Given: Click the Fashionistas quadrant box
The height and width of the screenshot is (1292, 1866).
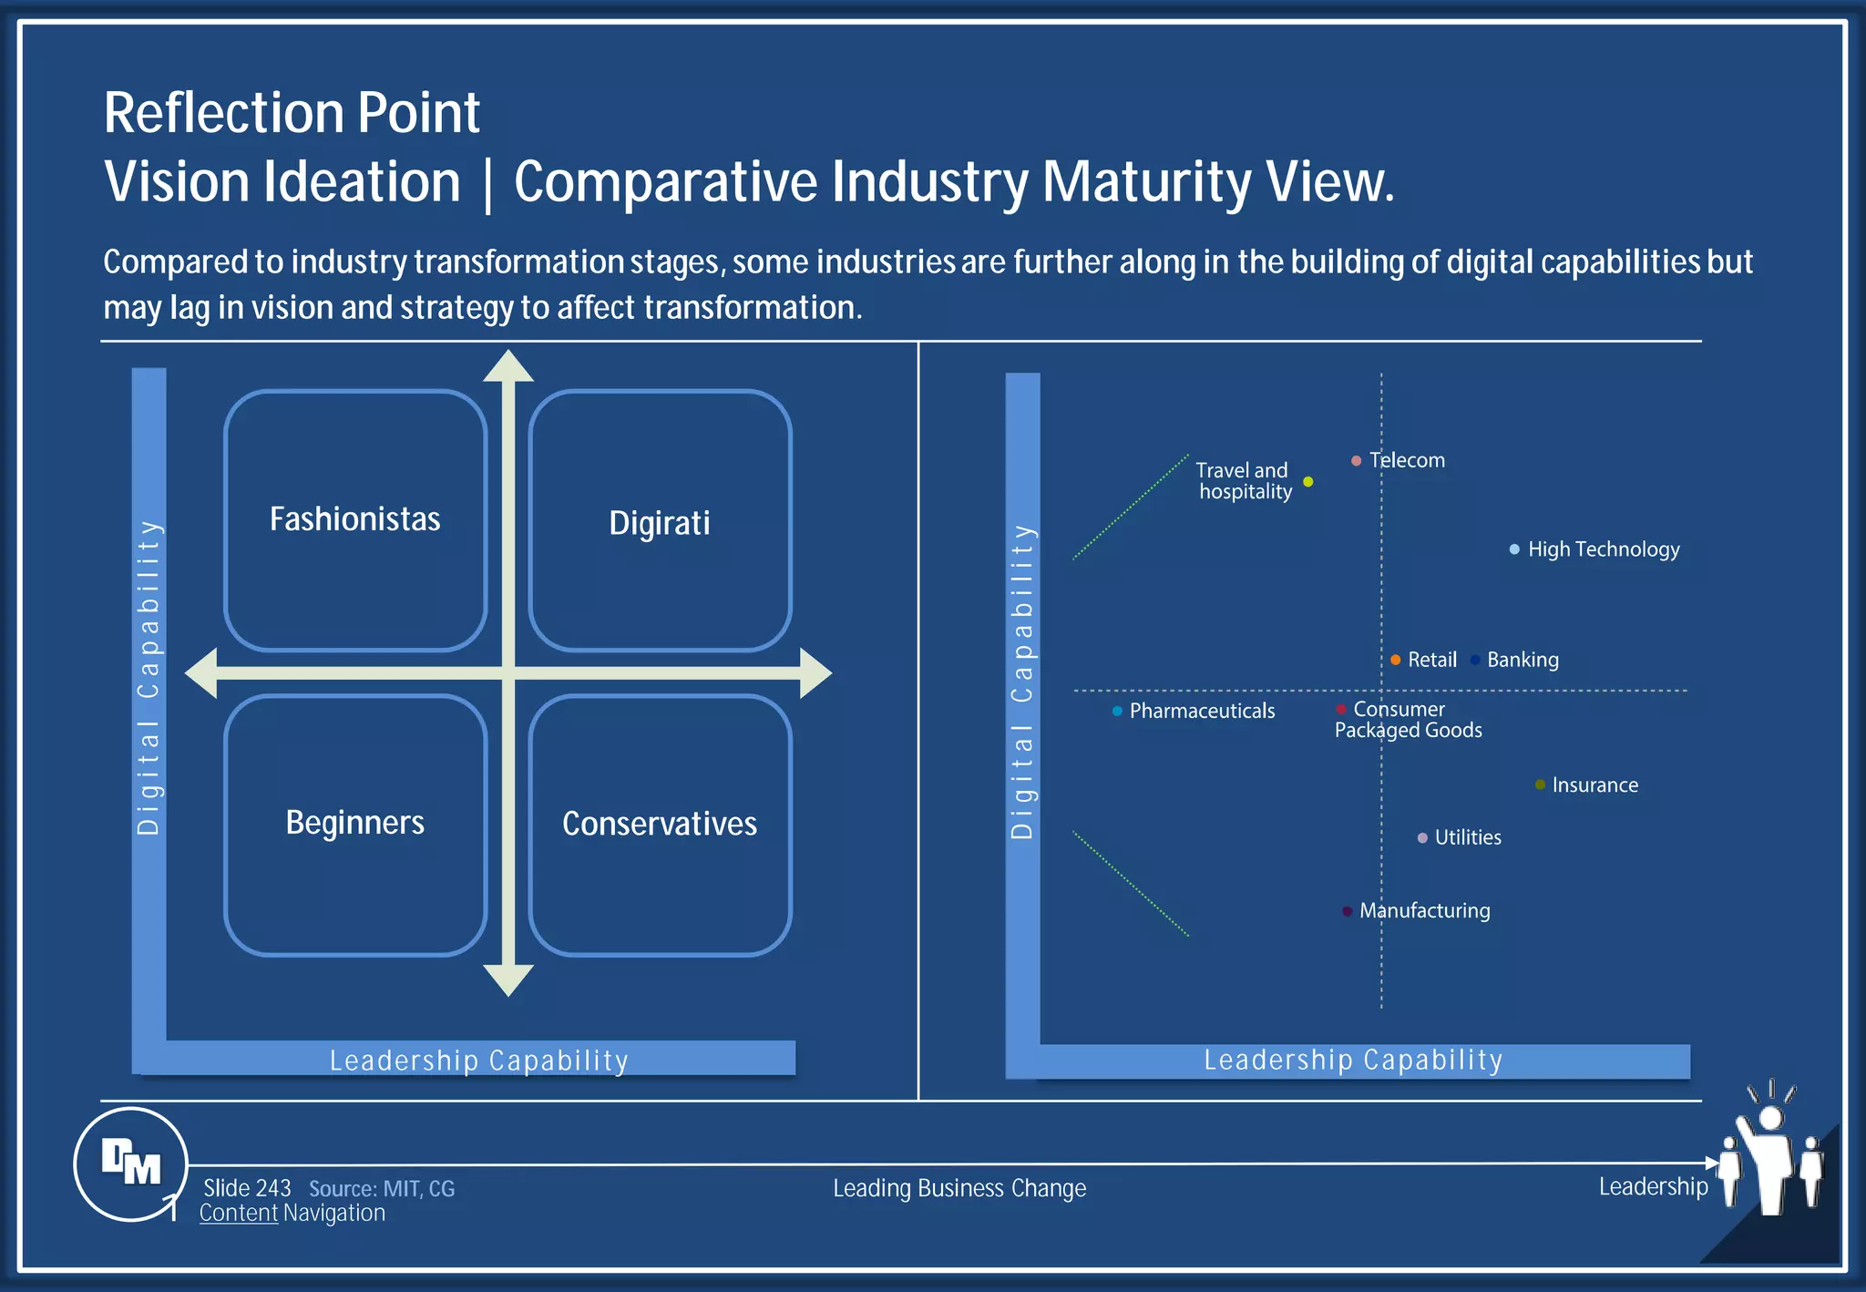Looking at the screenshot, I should (x=355, y=520).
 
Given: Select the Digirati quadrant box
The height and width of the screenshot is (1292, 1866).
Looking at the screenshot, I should (x=660, y=520).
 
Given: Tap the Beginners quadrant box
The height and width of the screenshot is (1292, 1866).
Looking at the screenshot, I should (x=355, y=825).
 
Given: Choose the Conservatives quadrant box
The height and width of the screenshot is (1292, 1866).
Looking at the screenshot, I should (x=660, y=825).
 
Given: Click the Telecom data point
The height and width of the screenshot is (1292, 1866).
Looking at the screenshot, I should (x=1357, y=461).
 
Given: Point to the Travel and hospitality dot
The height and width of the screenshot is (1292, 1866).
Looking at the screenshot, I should (x=1308, y=482).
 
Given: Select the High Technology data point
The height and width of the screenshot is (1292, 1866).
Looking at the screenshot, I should (x=1514, y=549).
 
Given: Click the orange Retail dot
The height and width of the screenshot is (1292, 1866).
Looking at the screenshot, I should (x=1396, y=660).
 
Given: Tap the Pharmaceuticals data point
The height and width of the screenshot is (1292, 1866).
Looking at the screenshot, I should (x=1117, y=711).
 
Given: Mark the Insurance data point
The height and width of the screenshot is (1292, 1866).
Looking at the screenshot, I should (x=1540, y=784).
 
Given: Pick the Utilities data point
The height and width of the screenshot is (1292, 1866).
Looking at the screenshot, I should (x=1422, y=838).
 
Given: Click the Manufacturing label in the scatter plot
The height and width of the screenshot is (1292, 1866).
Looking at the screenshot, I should (x=1425, y=910).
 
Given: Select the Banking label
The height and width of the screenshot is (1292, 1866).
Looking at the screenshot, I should (x=1523, y=660).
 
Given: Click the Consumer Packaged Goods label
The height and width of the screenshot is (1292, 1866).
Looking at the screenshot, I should (x=1409, y=720).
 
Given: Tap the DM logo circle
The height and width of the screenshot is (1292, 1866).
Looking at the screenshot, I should (x=131, y=1164).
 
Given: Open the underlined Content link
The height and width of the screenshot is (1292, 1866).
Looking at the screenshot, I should (x=239, y=1214).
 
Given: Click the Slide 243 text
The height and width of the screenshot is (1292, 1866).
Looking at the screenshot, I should (x=247, y=1188).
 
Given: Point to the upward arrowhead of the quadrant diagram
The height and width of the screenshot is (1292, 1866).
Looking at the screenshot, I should (x=508, y=365).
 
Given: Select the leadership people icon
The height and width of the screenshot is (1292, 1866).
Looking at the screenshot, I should (x=1771, y=1157).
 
